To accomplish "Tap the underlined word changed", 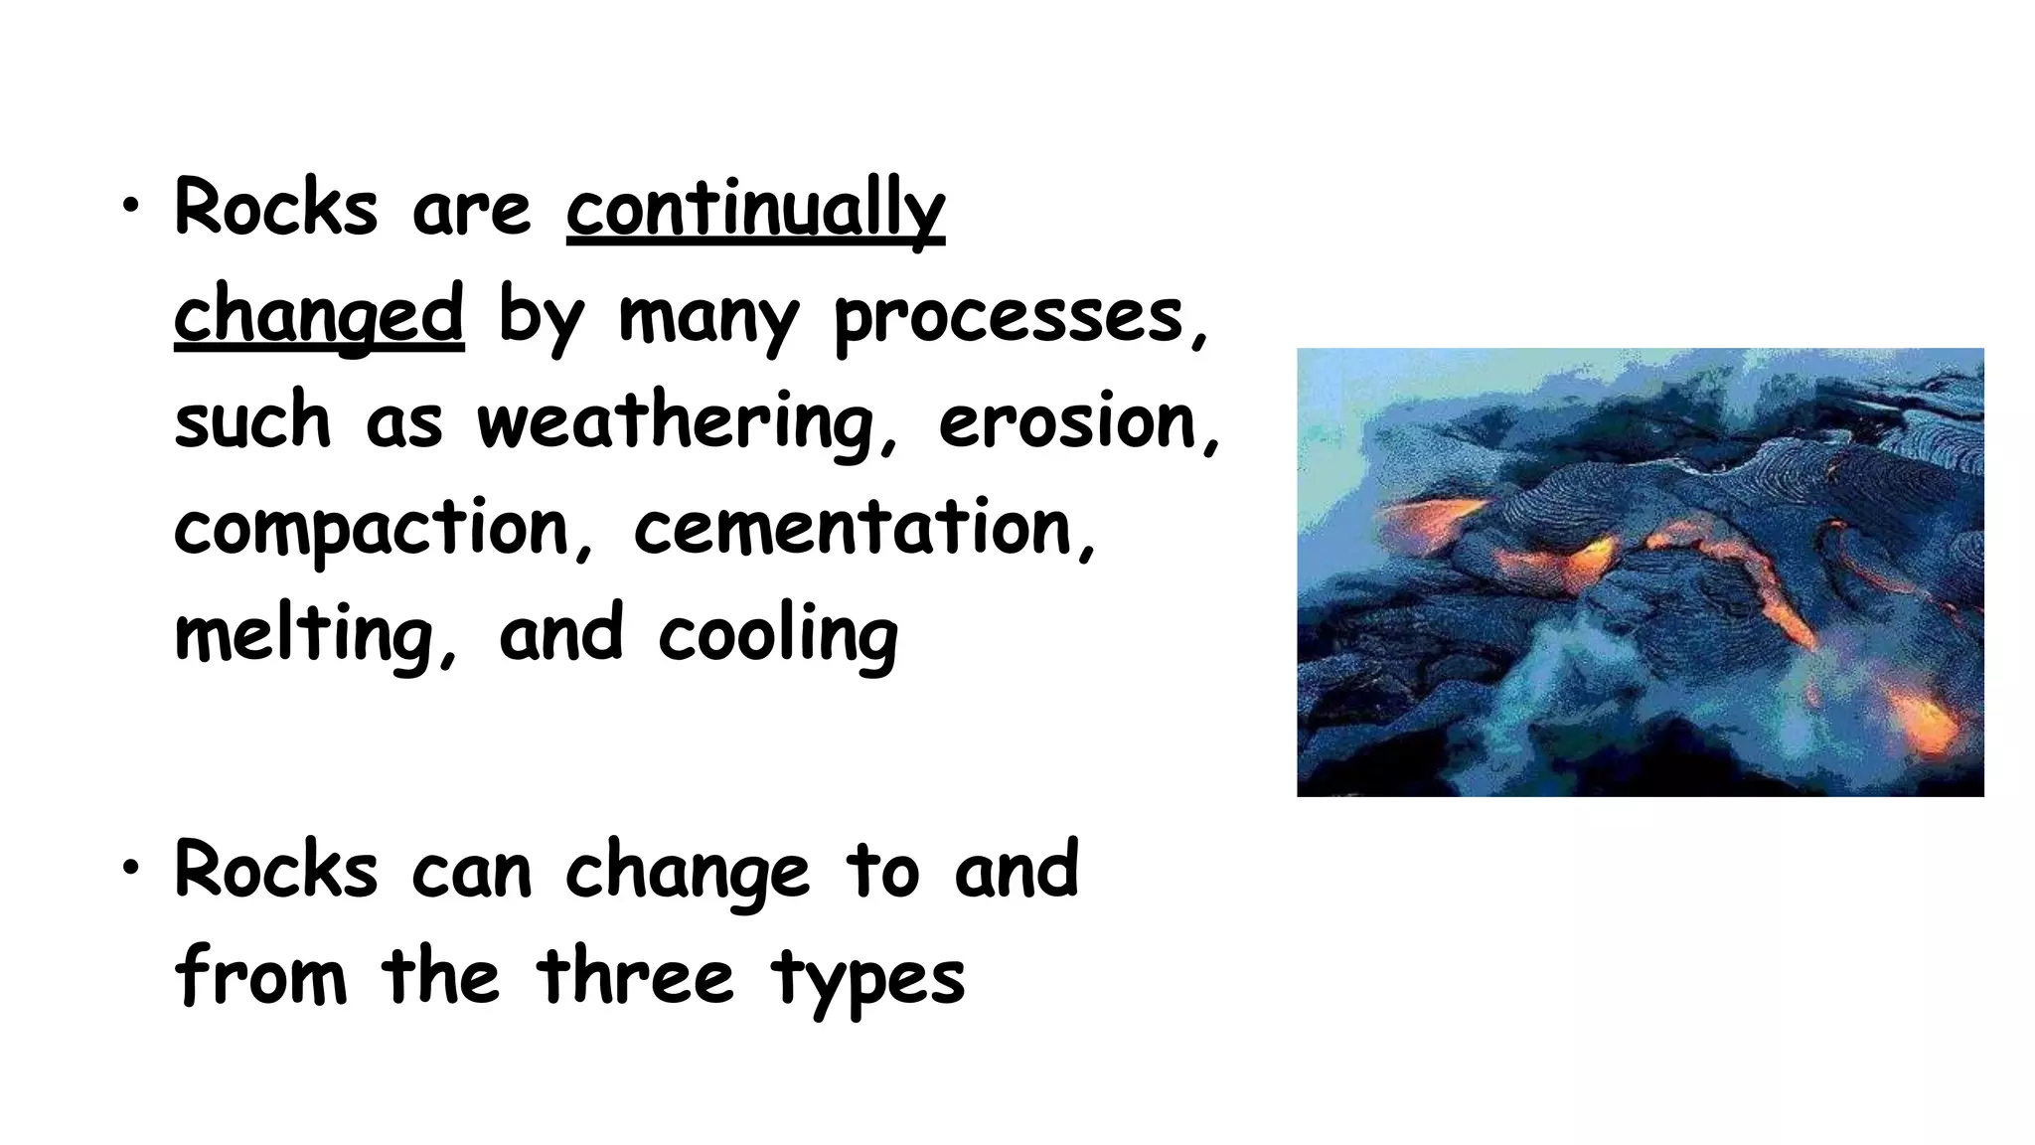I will pyautogui.click(x=319, y=316).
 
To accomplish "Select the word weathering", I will pyautogui.click(x=675, y=422).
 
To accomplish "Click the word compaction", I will pyautogui.click(x=373, y=529).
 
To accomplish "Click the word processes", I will pyautogui.click(x=1008, y=316).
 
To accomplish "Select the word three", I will pyautogui.click(x=635, y=975).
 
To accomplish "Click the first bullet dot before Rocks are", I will pyautogui.click(x=130, y=206).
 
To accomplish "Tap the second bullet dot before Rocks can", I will pyautogui.click(x=130, y=868).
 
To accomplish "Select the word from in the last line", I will pyautogui.click(x=260, y=975).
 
